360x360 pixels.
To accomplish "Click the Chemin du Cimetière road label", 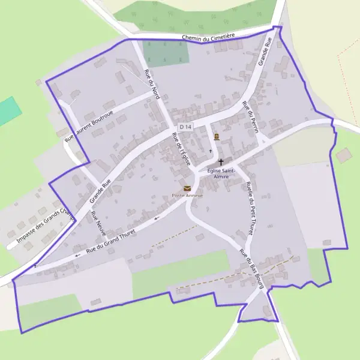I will pyautogui.click(x=208, y=37).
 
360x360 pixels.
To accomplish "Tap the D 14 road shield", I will pyautogui.click(x=185, y=127).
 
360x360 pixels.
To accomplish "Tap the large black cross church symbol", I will pyautogui.click(x=221, y=162).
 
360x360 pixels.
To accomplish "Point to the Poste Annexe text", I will pyautogui.click(x=188, y=196).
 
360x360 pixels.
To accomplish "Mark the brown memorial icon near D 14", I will pyautogui.click(x=216, y=136).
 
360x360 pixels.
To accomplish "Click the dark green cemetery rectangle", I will pyautogui.click(x=166, y=53).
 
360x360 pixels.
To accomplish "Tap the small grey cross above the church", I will pyautogui.click(x=210, y=151).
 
